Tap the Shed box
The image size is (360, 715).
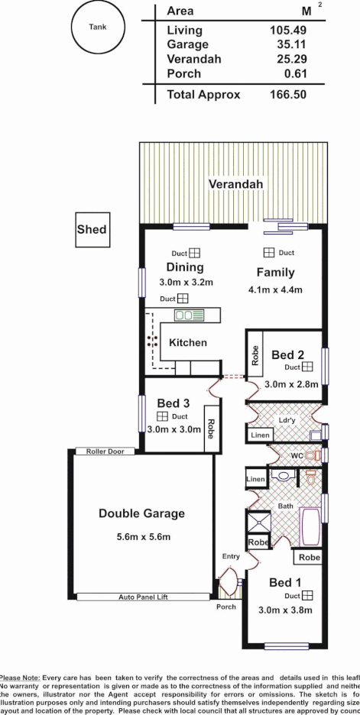pos(92,229)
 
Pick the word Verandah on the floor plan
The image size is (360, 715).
pos(236,185)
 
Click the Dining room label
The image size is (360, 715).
pos(185,267)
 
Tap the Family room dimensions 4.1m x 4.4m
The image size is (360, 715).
pos(275,290)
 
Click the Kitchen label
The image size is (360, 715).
pos(188,343)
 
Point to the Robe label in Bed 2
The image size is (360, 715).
pos(255,356)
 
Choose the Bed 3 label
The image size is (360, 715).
pos(174,403)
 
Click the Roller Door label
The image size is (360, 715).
pos(105,451)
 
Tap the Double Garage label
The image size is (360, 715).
pos(141,513)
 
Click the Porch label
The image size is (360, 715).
pos(226,607)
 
